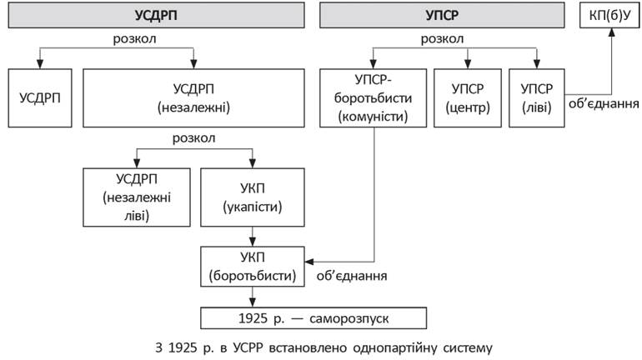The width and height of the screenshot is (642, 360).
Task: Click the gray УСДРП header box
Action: (x=155, y=15)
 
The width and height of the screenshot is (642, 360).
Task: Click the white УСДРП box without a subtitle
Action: (x=37, y=98)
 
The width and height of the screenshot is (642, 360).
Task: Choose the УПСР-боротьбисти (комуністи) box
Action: (x=373, y=98)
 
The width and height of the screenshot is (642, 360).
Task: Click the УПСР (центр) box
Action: (x=467, y=98)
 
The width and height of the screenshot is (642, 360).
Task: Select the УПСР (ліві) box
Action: (x=536, y=98)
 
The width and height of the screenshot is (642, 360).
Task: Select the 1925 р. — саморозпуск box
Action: (x=313, y=318)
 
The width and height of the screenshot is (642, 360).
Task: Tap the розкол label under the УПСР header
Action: (x=443, y=38)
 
